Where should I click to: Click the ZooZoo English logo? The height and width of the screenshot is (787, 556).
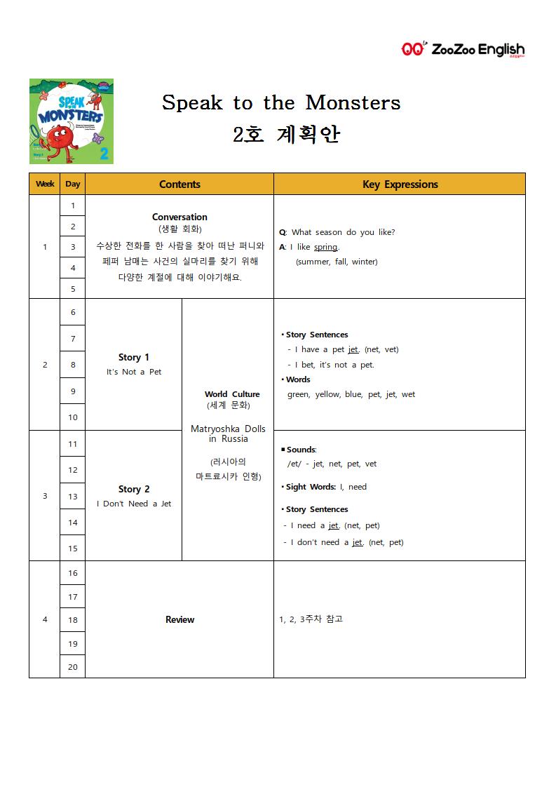(463, 49)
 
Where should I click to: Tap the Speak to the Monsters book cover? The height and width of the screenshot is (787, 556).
(71, 121)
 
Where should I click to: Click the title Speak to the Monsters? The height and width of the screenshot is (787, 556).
(281, 102)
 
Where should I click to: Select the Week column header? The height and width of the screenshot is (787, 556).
(45, 184)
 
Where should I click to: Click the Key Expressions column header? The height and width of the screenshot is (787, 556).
(400, 184)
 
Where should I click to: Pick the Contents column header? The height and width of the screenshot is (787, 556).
(179, 184)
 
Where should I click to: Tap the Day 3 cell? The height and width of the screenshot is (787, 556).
(72, 247)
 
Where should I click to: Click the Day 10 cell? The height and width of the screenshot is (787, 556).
(72, 417)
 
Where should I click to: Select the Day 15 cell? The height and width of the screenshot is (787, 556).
(72, 549)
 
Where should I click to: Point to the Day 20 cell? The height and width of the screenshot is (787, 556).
(72, 667)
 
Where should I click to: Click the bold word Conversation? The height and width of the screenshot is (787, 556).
(179, 217)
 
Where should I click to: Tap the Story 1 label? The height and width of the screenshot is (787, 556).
(133, 357)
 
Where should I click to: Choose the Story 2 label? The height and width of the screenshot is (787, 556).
(133, 489)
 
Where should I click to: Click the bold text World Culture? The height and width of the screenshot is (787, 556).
(232, 394)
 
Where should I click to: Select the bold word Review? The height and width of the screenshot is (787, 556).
(179, 619)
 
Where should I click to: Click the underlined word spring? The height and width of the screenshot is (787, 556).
(325, 247)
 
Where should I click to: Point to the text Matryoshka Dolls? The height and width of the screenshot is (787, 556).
(228, 429)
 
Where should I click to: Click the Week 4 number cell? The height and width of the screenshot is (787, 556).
(45, 619)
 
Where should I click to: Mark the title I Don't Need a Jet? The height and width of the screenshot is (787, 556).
(133, 504)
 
